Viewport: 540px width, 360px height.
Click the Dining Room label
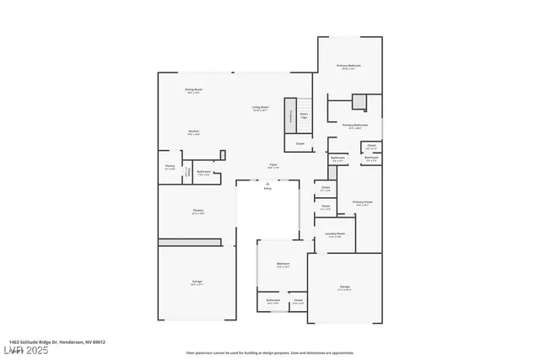click(193, 90)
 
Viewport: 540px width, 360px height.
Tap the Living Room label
click(260, 107)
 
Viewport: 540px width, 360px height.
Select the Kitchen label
click(193, 132)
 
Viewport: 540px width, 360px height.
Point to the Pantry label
click(170, 168)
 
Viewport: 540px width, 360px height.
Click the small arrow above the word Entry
click(267, 183)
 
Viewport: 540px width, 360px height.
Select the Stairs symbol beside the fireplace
click(304, 116)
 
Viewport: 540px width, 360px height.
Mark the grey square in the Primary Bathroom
click(359, 102)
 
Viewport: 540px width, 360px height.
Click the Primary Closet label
click(363, 202)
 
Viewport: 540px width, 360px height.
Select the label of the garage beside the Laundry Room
click(344, 288)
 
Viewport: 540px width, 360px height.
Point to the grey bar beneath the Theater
click(190, 242)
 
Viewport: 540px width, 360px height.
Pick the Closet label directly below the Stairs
click(300, 143)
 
